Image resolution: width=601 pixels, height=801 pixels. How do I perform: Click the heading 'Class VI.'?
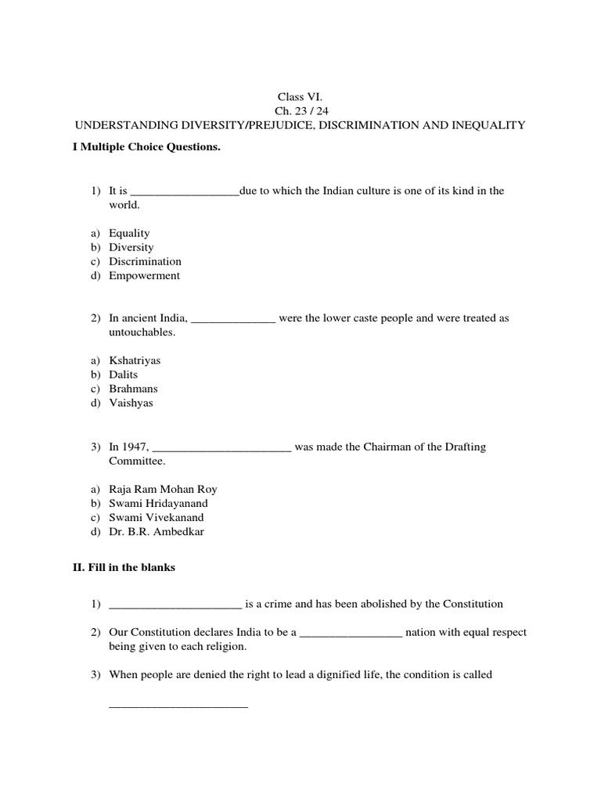pyautogui.click(x=300, y=96)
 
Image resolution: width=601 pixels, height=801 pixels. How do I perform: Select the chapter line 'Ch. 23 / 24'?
pyautogui.click(x=300, y=110)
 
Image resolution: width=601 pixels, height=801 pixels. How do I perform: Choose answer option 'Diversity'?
pyautogui.click(x=131, y=247)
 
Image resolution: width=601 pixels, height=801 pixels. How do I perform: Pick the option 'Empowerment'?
pyautogui.click(x=144, y=275)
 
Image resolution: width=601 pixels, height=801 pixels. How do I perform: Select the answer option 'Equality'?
pyautogui.click(x=129, y=233)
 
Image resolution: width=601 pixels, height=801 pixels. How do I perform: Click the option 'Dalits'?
pyautogui.click(x=123, y=375)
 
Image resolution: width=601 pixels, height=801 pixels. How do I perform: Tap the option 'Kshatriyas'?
pyautogui.click(x=135, y=361)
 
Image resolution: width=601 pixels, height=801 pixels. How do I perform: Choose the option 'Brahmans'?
pyautogui.click(x=133, y=389)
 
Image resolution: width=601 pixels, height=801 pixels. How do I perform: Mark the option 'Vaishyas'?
pyautogui.click(x=131, y=403)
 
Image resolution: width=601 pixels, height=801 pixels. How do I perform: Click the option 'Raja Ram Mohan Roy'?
pyautogui.click(x=163, y=490)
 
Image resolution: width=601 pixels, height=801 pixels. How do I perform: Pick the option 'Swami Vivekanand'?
pyautogui.click(x=156, y=518)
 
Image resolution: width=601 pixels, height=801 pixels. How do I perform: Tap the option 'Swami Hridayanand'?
pyautogui.click(x=158, y=504)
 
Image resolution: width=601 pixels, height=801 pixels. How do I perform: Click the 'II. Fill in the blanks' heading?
pyautogui.click(x=124, y=568)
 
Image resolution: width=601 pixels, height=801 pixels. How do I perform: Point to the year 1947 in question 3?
pyautogui.click(x=134, y=447)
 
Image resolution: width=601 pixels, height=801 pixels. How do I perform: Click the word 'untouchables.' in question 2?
pyautogui.click(x=142, y=332)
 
